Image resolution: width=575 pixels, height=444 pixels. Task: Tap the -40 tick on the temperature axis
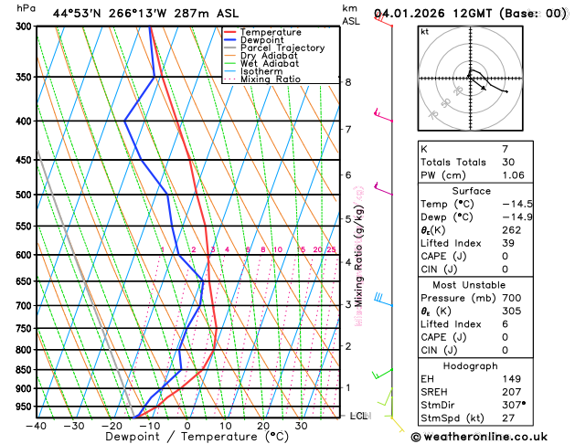[x=37, y=426]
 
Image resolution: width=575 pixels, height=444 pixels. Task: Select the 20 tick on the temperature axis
[x=263, y=426]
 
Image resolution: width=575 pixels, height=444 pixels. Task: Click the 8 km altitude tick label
[x=348, y=82]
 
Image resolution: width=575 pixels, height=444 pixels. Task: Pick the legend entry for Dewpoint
[x=261, y=40]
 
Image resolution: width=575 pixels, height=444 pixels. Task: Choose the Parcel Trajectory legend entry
[x=282, y=48]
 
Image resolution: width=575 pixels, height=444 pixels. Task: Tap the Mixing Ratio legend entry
[x=270, y=79]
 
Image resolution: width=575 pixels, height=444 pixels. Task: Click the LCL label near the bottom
[x=359, y=416]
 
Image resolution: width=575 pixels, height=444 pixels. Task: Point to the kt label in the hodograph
[x=424, y=31]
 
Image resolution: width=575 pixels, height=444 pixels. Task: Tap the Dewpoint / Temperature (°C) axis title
[x=186, y=438]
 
